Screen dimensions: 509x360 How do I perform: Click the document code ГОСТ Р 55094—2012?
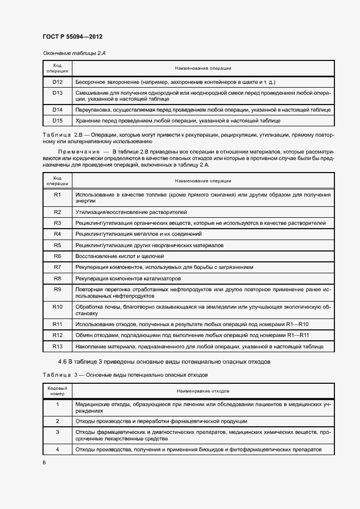click(72, 36)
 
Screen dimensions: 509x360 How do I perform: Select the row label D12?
click(57, 82)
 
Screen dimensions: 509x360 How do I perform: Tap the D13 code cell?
click(57, 93)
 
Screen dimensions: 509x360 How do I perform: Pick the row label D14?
click(57, 109)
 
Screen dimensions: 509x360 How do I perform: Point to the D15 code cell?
click(57, 120)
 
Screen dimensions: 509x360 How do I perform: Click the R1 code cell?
click(57, 194)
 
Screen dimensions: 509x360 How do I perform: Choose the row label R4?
click(57, 234)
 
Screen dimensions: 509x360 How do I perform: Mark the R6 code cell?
click(57, 256)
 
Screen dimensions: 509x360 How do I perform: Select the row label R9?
click(57, 290)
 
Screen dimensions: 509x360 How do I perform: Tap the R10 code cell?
click(57, 306)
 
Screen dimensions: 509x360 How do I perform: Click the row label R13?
click(57, 346)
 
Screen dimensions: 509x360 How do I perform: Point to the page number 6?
click(44, 462)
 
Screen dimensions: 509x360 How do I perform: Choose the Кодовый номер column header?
click(57, 391)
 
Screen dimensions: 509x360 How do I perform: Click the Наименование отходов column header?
click(203, 391)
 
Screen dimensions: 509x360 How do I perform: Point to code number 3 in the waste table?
click(57, 432)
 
